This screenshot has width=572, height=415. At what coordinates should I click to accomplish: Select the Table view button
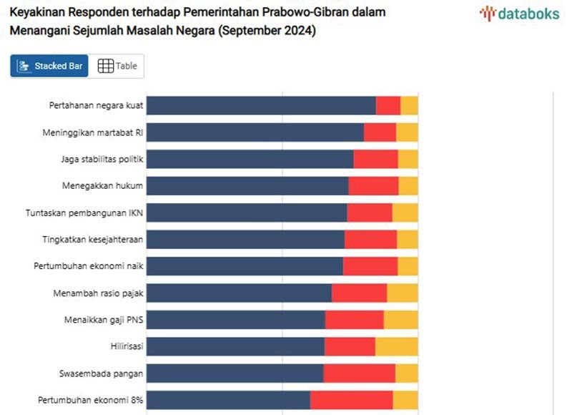pos(117,66)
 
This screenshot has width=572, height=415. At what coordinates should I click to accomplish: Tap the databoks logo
pos(519,14)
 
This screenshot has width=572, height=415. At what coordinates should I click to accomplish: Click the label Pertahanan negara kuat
pos(97,106)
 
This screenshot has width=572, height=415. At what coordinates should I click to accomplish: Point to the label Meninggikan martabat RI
pos(93,132)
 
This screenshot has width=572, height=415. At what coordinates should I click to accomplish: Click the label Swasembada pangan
pos(102,373)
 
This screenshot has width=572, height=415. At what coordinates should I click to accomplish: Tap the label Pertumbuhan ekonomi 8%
pos(89,400)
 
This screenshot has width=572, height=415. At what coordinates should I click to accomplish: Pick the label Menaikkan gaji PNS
pos(104,320)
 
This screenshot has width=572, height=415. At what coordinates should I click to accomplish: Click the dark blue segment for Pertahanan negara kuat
pos(261,105)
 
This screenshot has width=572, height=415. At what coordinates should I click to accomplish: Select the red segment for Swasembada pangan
pos(359,373)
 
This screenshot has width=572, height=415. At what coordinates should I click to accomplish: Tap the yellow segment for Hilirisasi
pos(396,346)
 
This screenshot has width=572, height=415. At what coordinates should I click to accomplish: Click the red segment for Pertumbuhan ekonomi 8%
pos(351,400)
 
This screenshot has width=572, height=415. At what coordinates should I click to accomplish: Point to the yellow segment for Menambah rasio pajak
pos(402,293)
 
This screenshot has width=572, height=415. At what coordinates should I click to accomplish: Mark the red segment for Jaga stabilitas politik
pos(375,159)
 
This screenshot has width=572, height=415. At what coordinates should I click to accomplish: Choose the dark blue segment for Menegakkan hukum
pos(247,186)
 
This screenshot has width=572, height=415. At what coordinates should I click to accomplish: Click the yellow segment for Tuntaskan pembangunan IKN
pos(405,213)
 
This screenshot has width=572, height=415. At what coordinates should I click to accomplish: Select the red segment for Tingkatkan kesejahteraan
pos(370,240)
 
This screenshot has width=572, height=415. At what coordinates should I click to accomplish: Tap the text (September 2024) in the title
pos(267,31)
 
